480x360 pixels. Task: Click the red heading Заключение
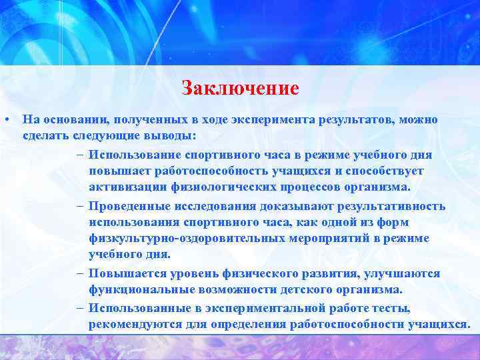coord(240,88)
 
